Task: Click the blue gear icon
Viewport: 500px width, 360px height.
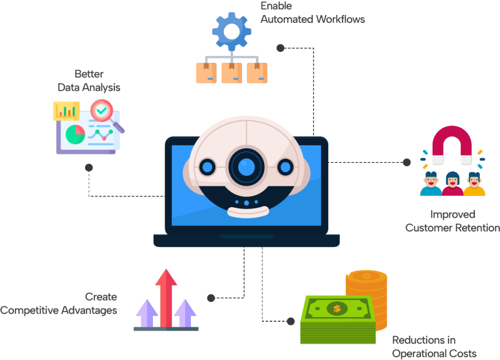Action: pos(232,31)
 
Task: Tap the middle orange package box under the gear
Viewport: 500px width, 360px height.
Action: pos(232,73)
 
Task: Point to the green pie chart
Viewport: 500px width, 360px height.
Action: pos(75,135)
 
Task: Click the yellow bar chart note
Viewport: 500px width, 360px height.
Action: pos(66,111)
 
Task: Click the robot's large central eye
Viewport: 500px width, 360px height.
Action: pos(247,167)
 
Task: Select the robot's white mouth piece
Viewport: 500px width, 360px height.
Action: pos(248,212)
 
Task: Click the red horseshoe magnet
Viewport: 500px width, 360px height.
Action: pos(452,145)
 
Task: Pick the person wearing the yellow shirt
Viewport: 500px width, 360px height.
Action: pos(474,184)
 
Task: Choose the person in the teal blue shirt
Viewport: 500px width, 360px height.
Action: pos(431,184)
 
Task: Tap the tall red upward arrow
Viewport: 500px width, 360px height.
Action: pos(166,298)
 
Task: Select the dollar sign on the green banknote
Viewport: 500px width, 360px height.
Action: pos(337,308)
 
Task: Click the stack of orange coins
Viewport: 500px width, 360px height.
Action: pos(367,300)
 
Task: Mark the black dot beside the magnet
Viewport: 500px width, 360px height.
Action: pos(407,162)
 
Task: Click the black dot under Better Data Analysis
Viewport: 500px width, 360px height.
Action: pos(89,168)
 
